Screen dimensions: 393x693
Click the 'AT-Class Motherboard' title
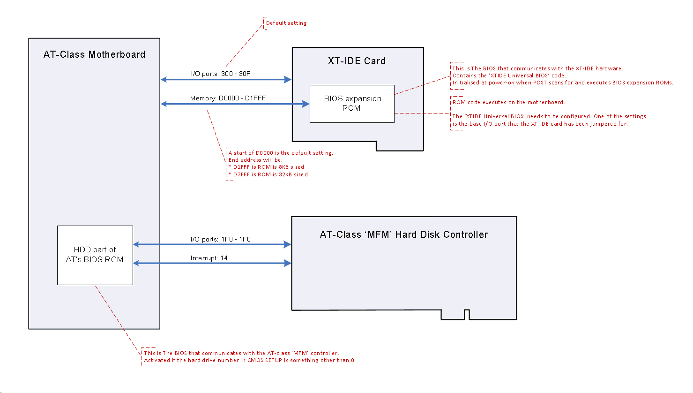pos(94,54)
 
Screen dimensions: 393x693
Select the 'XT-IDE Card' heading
pos(357,61)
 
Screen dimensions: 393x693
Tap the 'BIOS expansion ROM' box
pos(352,104)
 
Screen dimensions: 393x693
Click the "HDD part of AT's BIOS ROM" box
pos(95,255)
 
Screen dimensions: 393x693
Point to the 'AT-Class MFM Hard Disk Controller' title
pos(403,234)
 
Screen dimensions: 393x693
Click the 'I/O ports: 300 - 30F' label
pos(221,74)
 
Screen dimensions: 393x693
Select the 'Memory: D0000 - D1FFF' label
pos(228,98)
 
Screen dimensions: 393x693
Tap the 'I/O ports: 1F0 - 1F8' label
pos(220,239)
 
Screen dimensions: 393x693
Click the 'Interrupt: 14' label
pos(209,258)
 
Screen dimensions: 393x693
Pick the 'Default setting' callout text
pos(286,23)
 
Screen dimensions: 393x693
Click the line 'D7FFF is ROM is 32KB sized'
pos(268,174)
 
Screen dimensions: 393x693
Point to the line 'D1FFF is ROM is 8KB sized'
pos(267,167)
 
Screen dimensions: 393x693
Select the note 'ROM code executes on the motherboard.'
pos(508,102)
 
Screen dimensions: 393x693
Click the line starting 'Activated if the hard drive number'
pos(249,360)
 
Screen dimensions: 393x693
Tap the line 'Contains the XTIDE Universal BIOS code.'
pos(509,76)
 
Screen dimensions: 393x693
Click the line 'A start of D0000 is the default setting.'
pos(281,153)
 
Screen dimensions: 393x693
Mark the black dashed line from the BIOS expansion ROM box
pos(422,113)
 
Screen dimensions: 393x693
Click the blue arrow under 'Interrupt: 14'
pos(212,263)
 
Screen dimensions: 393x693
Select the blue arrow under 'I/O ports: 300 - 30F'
pos(226,80)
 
